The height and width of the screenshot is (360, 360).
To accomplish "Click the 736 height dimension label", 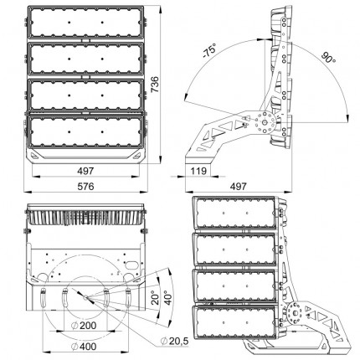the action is (x=154, y=85).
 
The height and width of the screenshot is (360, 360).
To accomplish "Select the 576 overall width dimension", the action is (x=85, y=186).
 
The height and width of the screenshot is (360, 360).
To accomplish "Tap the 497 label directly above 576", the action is (x=85, y=171).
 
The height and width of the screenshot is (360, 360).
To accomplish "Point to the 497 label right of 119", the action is (x=239, y=186).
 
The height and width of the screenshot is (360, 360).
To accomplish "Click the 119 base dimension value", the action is (x=198, y=171).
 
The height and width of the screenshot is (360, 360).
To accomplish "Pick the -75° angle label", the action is (x=209, y=51).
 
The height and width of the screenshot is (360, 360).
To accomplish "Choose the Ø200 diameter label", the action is (x=84, y=326).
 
